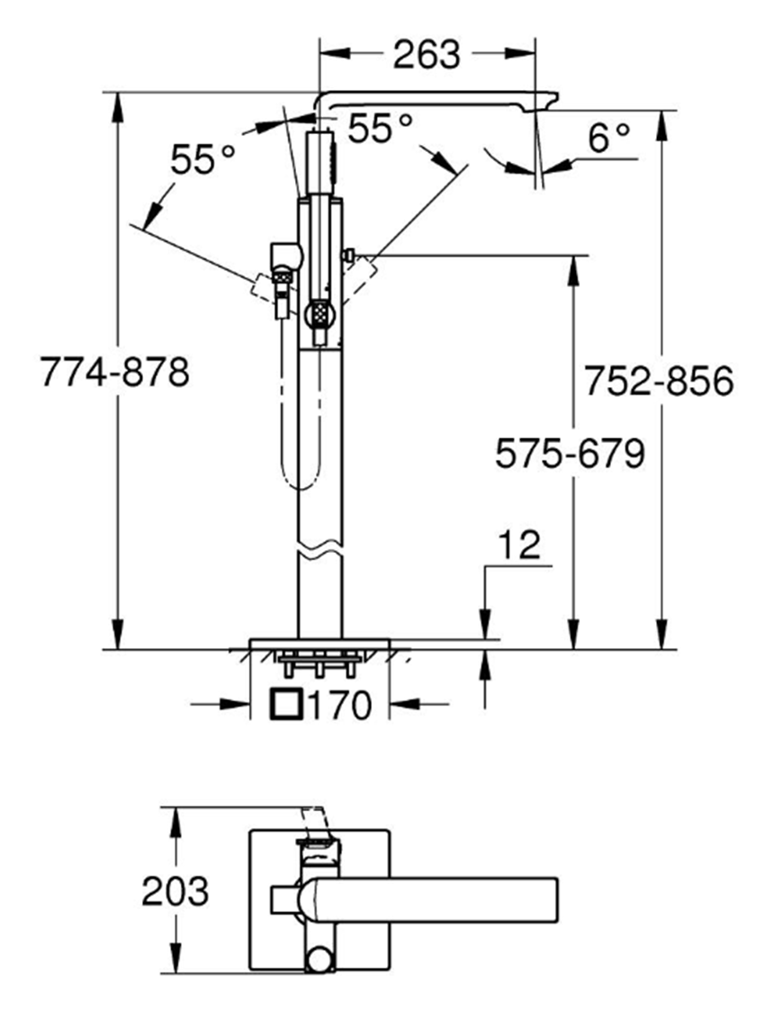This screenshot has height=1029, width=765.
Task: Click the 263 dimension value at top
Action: point(426,55)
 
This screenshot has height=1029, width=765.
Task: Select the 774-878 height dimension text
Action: point(114,372)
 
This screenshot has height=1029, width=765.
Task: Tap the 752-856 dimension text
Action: point(659,382)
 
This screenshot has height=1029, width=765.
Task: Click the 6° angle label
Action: point(609,138)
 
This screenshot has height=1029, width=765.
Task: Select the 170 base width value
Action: point(340,705)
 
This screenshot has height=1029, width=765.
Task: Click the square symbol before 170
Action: point(288,705)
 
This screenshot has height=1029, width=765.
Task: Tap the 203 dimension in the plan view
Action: point(175,891)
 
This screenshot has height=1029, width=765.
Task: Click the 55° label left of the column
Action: point(202,161)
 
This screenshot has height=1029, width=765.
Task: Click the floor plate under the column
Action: point(319,643)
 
